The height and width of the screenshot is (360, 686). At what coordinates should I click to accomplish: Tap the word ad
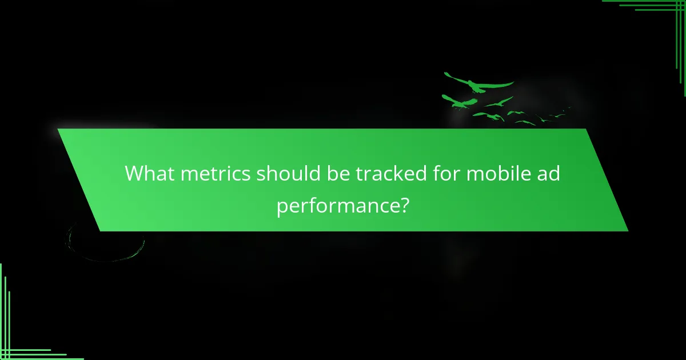tap(547, 173)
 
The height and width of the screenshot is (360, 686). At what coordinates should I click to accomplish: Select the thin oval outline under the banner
tap(106, 243)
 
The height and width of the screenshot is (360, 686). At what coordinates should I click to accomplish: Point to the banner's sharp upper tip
tap(59, 130)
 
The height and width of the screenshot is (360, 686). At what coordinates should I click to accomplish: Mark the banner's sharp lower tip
tap(627, 230)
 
